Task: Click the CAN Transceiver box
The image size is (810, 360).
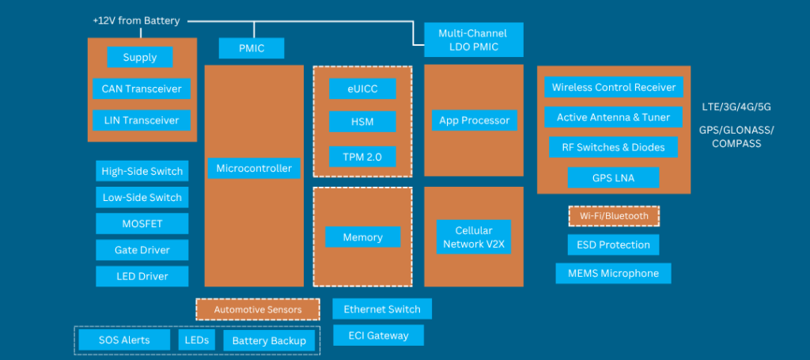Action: click(142, 89)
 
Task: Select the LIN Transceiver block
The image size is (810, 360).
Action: click(142, 121)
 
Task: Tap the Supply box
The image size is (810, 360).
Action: click(140, 57)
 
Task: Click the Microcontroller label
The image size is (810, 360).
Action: click(253, 168)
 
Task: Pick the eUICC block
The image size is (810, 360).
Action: click(362, 89)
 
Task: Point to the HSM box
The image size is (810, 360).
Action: click(362, 122)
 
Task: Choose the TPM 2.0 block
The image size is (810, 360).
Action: click(362, 157)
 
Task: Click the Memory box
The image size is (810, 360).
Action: click(362, 237)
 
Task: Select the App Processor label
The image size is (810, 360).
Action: click(474, 120)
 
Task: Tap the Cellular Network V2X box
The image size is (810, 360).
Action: click(474, 237)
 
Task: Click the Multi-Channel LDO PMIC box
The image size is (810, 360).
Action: click(472, 40)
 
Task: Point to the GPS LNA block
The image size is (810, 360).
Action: click(613, 178)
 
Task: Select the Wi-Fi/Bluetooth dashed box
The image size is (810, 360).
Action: click(614, 215)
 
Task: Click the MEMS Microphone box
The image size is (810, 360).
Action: click(613, 273)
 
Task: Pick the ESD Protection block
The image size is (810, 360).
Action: click(613, 244)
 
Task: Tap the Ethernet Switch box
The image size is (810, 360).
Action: click(383, 309)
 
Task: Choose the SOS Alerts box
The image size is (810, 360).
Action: click(124, 340)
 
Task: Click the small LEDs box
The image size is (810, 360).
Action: click(196, 340)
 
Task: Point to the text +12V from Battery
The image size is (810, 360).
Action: click(136, 21)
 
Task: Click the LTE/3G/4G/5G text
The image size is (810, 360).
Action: click(736, 106)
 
